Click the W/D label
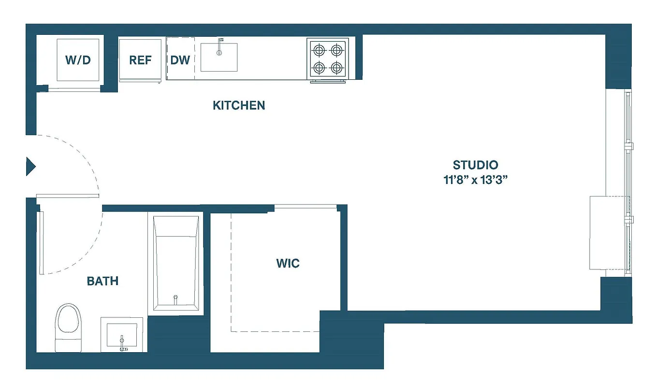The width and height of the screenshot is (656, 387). pyautogui.click(x=78, y=60)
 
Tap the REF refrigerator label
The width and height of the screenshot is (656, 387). pyautogui.click(x=140, y=60)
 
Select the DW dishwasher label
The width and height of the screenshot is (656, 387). pyautogui.click(x=180, y=60)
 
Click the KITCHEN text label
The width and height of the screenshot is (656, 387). pyautogui.click(x=239, y=105)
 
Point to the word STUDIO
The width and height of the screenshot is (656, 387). pyautogui.click(x=476, y=165)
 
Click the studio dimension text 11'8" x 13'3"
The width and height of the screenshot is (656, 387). pyautogui.click(x=476, y=180)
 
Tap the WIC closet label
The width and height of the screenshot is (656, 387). pyautogui.click(x=288, y=264)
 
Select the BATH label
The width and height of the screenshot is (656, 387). pyautogui.click(x=102, y=281)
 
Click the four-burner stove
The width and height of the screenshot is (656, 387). pyautogui.click(x=327, y=59)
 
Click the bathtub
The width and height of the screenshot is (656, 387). pyautogui.click(x=176, y=264)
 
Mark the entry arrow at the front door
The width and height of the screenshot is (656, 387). pyautogui.click(x=30, y=166)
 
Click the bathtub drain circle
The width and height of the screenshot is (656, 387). pyautogui.click(x=175, y=297)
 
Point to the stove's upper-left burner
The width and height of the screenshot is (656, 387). pyautogui.click(x=319, y=49)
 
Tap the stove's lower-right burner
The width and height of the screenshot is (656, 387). pyautogui.click(x=336, y=67)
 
